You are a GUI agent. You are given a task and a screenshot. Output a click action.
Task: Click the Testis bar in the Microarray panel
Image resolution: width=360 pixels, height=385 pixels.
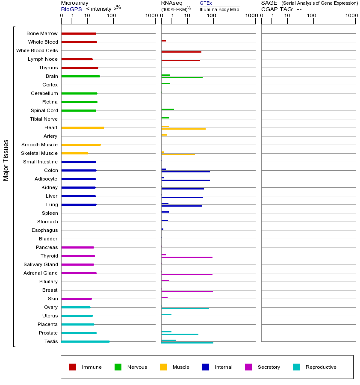click(x=86, y=341)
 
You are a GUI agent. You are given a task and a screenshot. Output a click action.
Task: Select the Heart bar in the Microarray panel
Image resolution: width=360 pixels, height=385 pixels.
click(x=83, y=127)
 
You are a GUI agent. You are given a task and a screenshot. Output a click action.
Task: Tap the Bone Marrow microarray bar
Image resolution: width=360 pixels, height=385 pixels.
click(x=79, y=33)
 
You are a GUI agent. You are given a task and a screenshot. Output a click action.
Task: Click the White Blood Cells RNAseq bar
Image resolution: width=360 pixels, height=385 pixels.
click(x=181, y=52)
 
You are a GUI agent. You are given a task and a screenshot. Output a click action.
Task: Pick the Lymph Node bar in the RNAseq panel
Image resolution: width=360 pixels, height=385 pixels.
click(x=180, y=60)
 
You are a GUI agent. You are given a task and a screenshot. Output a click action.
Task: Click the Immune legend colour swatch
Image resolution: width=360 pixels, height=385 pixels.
click(x=73, y=367)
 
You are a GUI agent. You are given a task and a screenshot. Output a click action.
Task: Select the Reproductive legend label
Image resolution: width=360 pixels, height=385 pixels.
click(x=321, y=367)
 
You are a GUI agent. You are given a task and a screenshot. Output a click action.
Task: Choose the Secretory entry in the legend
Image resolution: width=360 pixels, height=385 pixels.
click(x=269, y=367)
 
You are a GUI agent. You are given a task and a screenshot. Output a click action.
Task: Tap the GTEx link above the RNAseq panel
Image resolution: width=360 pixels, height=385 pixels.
click(x=206, y=3)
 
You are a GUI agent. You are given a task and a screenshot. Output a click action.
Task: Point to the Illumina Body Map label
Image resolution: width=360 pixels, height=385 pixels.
click(x=219, y=9)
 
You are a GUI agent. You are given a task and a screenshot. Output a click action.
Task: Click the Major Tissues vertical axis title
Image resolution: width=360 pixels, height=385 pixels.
click(x=6, y=160)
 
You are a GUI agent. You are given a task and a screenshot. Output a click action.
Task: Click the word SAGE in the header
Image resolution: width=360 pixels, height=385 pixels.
click(x=269, y=3)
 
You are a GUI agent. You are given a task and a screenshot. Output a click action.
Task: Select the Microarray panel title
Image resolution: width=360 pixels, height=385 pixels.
click(x=74, y=3)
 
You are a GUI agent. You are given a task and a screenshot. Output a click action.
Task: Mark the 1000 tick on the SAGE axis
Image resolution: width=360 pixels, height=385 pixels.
click(x=351, y=16)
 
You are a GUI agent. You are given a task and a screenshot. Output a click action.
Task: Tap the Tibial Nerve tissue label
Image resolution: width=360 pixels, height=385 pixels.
click(x=44, y=119)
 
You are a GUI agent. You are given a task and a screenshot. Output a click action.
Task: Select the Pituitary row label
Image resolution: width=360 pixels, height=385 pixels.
click(x=48, y=281)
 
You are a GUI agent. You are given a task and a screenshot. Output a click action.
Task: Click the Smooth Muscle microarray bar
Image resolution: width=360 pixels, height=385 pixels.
click(x=81, y=145)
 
